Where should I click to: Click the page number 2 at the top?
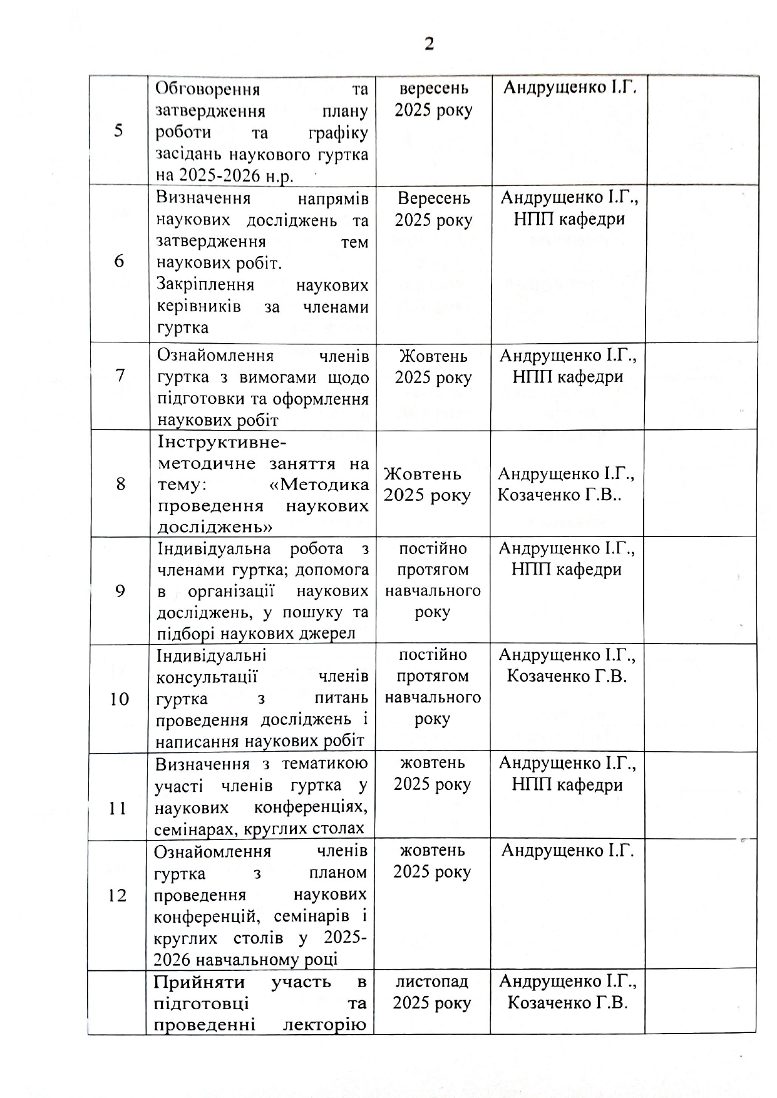pyautogui.click(x=429, y=44)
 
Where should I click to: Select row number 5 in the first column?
pyautogui.click(x=118, y=131)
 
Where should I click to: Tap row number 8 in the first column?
pyautogui.click(x=120, y=484)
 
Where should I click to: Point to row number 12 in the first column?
pyautogui.click(x=118, y=896)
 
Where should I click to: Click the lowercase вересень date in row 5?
pyautogui.click(x=433, y=89)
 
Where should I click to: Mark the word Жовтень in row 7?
pyautogui.click(x=433, y=356)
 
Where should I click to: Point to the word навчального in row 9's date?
pyautogui.click(x=433, y=590)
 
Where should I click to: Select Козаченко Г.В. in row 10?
pyautogui.click(x=567, y=676)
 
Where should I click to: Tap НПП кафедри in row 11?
pyautogui.click(x=567, y=784)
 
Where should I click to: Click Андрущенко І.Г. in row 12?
pyautogui.click(x=568, y=851)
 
